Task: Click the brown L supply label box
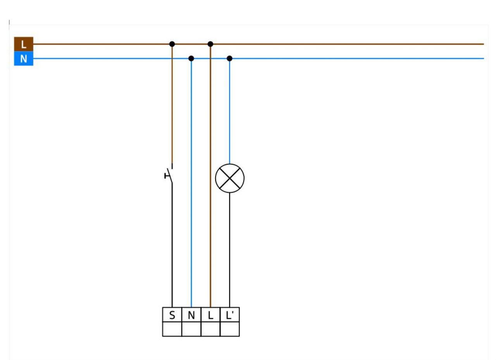pos(24,44)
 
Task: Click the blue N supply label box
pos(24,59)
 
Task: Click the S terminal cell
pos(172,315)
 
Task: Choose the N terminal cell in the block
pos(191,315)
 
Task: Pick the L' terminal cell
pos(230,315)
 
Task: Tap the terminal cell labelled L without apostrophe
pos(210,315)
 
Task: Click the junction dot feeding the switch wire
pos(172,44)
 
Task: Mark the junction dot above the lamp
pos(230,59)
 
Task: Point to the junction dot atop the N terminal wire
pos(191,59)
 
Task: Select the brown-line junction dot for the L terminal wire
pos(210,44)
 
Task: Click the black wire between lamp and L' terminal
pos(230,250)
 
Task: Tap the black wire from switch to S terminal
pos(172,245)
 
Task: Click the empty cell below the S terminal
pos(172,329)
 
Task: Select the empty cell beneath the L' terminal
pos(230,329)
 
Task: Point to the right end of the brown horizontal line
pos(484,44)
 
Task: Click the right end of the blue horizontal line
pos(484,59)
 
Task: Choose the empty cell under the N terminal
pos(191,329)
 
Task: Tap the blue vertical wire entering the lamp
pos(230,111)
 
